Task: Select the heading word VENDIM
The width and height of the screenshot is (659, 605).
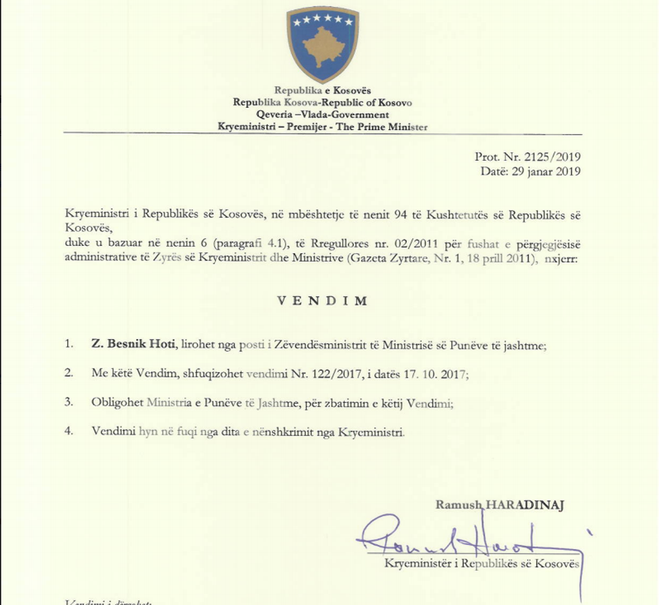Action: click(x=323, y=301)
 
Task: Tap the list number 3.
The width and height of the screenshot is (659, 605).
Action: click(x=69, y=402)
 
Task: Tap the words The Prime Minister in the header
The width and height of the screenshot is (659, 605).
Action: click(x=390, y=127)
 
